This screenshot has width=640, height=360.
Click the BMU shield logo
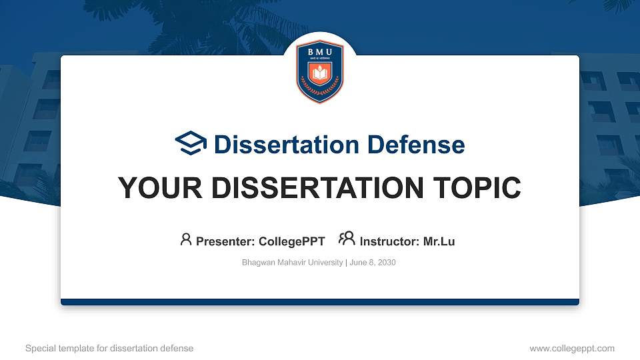[320, 72]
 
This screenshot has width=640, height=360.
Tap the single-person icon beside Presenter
[186, 239]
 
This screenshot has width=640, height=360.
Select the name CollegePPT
[291, 241]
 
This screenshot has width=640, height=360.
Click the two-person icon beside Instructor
[347, 239]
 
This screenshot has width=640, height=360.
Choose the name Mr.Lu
[439, 241]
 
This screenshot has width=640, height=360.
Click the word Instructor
[389, 241]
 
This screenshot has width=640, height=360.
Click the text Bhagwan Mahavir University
[292, 263]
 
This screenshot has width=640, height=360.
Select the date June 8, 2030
[373, 263]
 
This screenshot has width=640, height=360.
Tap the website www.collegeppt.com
[572, 348]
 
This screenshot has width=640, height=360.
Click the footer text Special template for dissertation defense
[109, 348]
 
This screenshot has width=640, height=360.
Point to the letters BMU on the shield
[320, 52]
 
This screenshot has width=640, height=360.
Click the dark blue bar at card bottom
[320, 302]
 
